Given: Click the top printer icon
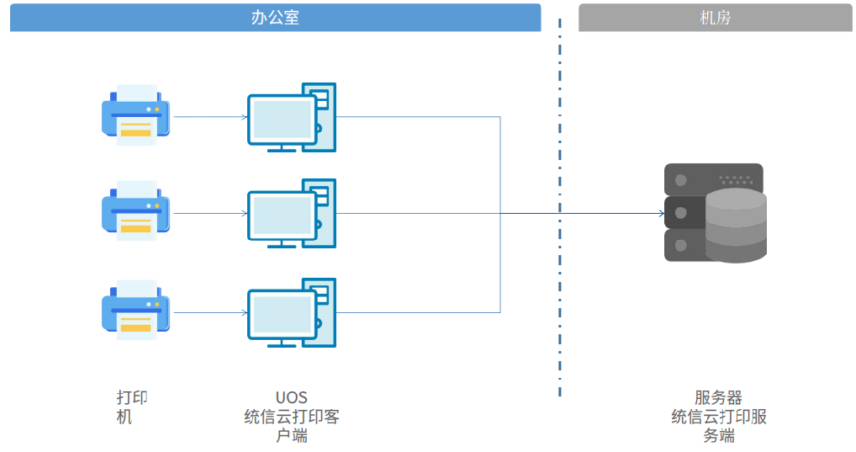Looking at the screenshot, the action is click(x=136, y=114).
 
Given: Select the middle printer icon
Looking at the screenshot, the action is click(x=136, y=211).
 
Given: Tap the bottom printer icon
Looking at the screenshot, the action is click(x=136, y=310).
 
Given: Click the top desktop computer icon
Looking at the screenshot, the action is click(x=292, y=118).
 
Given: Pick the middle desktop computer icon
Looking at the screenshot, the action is click(x=292, y=214).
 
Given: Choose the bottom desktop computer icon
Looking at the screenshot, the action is click(x=292, y=312).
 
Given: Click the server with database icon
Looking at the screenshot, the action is click(x=715, y=213).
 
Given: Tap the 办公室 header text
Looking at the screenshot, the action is click(x=275, y=18).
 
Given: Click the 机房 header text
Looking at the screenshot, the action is click(x=715, y=18).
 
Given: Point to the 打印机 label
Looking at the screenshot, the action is click(x=131, y=407).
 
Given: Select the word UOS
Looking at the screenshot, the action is click(x=292, y=397).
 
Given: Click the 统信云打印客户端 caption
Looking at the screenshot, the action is click(x=292, y=426).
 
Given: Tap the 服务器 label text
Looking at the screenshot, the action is click(x=718, y=397).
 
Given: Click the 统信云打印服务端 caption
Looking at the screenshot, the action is click(x=718, y=426).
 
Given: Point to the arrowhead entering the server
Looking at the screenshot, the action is click(x=662, y=213).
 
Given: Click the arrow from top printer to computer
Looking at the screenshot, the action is click(x=211, y=116).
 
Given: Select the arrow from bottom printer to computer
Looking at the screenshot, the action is click(x=211, y=312).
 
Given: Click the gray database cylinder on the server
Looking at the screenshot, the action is click(x=736, y=226).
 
